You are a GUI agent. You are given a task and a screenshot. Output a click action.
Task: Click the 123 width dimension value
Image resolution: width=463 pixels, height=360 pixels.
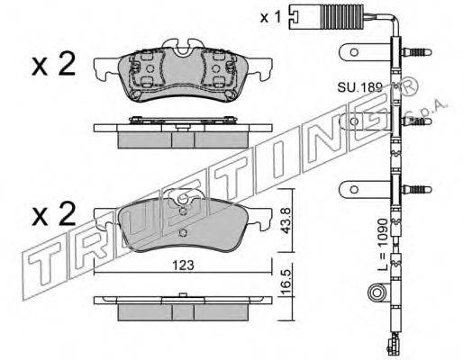point(183,265)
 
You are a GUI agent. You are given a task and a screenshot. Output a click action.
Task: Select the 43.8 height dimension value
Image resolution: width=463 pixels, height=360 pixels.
point(286,220)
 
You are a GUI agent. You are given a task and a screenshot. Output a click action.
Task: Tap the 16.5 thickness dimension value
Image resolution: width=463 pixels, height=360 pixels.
point(286,282)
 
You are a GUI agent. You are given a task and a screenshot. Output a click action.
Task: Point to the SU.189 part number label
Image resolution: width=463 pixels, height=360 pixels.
point(359,87)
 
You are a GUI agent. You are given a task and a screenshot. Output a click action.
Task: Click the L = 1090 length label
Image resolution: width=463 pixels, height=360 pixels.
point(384,245)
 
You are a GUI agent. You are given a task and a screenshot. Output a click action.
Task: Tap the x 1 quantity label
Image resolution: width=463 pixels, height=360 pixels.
point(270,17)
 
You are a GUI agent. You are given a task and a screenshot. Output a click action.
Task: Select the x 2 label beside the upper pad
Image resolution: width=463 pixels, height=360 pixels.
point(53,65)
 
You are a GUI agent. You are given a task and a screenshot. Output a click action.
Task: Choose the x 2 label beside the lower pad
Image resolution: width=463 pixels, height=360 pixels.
point(53,215)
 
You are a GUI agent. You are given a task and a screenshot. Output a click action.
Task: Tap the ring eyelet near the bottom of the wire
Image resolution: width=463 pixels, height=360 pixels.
point(377,292)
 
